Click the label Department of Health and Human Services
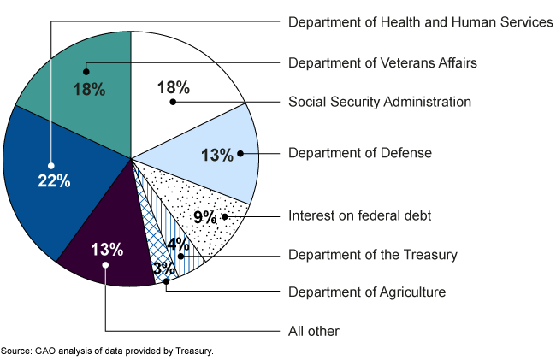pos(421,21)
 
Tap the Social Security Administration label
pos(380,102)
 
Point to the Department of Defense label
pos(360,153)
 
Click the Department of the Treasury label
pos(373,254)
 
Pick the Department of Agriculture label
pos(367,292)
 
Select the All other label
pos(314,331)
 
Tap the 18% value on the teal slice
pos(88,90)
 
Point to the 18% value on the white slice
pos(174,87)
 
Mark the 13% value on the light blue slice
pos(217,155)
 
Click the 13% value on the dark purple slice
pos(107,250)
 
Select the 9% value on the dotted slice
pos(204,216)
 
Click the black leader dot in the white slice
pos(173,102)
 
